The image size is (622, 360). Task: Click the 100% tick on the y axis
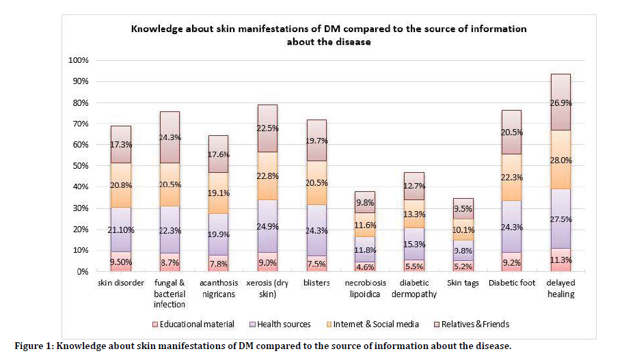click(79, 61)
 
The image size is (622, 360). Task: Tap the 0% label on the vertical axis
click(83, 271)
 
